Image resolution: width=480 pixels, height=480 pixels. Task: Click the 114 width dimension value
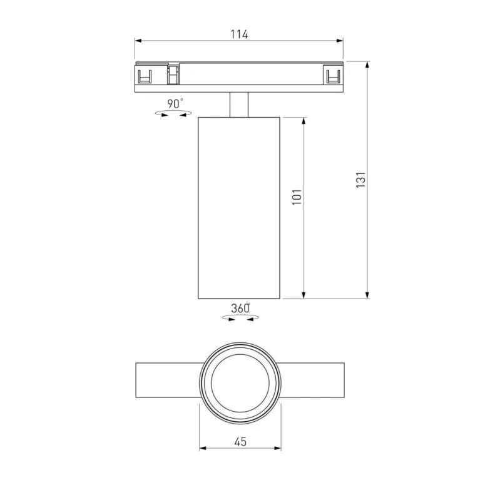click(239, 34)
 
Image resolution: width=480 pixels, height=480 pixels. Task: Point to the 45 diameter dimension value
click(240, 442)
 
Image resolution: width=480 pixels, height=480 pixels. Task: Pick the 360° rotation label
click(240, 308)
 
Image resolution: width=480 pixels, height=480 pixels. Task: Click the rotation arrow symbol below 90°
click(173, 114)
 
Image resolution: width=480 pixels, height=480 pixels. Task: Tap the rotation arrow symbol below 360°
click(241, 319)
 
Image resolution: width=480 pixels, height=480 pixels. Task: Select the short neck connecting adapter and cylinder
click(240, 105)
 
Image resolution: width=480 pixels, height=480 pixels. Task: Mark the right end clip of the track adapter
click(333, 76)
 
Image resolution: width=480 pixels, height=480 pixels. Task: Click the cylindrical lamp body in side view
click(239, 207)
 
